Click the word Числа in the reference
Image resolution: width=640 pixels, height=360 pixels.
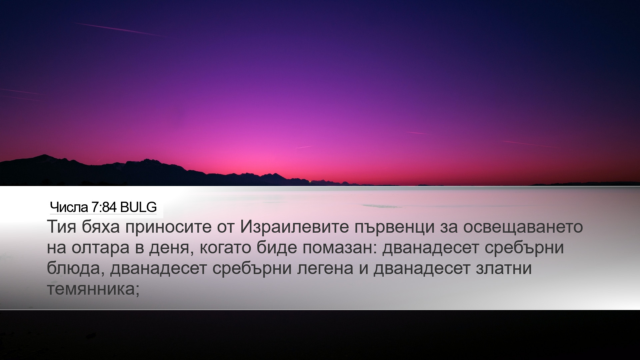69,207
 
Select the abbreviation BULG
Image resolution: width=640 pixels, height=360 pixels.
138,207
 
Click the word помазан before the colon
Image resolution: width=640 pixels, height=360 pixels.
338,249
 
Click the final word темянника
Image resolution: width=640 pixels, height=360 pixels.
90,289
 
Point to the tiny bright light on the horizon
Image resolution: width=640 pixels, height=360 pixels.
310,182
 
